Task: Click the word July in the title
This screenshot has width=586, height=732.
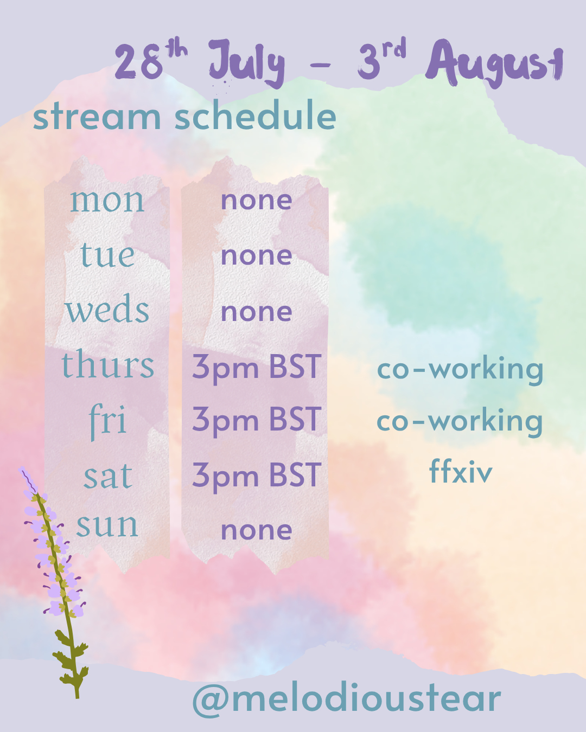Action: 247,63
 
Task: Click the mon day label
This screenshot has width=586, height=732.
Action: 107,201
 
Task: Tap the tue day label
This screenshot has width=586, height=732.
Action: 107,254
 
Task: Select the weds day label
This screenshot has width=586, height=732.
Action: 107,308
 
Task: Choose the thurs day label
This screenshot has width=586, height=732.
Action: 108,363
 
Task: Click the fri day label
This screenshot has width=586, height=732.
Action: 107,422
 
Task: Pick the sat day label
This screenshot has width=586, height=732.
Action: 107,476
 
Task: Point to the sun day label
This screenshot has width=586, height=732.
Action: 107,525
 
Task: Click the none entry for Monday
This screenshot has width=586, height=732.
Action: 257,200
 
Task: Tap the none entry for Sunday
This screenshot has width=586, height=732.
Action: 257,530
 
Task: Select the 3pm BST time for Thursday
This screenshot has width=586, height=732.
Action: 257,368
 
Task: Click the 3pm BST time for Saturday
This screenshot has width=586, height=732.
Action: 257,476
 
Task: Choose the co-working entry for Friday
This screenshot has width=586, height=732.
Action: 460,422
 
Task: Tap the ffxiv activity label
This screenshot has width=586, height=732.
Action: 461,471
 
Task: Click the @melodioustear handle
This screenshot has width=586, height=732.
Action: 346,698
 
